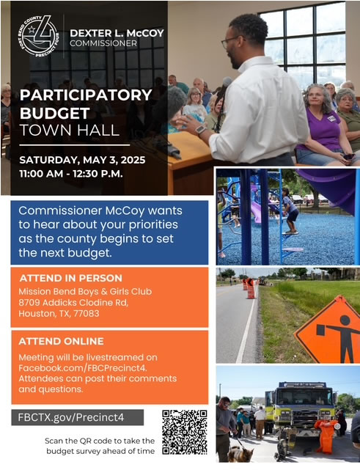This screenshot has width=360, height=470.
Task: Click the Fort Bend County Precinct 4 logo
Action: click(39, 36)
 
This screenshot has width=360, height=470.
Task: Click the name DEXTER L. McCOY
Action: click(117, 33)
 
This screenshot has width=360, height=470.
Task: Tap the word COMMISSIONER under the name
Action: click(103, 43)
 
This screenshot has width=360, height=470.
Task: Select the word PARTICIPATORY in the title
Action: click(86, 95)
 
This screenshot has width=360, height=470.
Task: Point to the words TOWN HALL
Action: click(70, 130)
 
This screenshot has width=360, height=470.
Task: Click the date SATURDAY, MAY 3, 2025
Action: click(82, 160)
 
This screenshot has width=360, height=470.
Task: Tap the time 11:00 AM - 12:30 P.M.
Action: click(71, 174)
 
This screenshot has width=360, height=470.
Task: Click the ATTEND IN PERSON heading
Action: click(70, 278)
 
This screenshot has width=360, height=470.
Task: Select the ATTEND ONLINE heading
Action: click(61, 341)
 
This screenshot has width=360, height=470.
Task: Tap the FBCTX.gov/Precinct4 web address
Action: click(71, 417)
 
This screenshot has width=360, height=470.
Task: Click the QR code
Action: click(185, 432)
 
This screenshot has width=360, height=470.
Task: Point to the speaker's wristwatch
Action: click(201, 130)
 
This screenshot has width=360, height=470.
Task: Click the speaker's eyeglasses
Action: click(229, 42)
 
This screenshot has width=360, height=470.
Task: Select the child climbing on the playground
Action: click(290, 210)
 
